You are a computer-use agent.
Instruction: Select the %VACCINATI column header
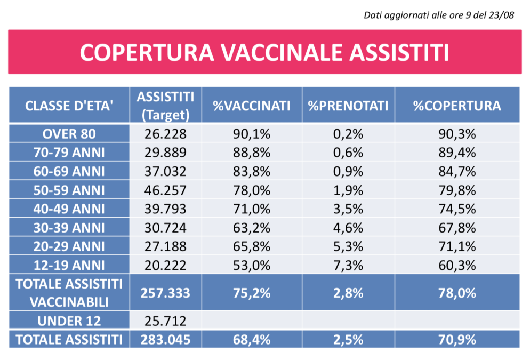coord(252,106)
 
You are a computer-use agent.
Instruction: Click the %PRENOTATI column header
coord(348,106)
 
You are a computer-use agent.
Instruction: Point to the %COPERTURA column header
coord(457,106)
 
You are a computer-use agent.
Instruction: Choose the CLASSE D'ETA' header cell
coord(69,106)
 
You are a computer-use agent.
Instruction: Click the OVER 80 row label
coord(69,133)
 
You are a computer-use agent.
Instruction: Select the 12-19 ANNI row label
coord(69,265)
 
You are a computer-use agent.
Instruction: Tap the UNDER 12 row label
coord(69,321)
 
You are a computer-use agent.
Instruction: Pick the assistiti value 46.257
coord(165,190)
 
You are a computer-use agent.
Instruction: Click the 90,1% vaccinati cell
coord(252,133)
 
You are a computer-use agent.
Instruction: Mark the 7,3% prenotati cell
coord(348,265)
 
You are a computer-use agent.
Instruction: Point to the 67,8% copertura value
coord(457,228)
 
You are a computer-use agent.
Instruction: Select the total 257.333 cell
coord(165,292)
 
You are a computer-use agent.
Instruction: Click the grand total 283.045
coord(165,339)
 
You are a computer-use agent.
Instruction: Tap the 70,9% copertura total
coord(457,339)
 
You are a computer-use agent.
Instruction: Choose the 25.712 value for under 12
coord(165,321)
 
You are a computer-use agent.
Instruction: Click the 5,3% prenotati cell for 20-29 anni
coord(348,246)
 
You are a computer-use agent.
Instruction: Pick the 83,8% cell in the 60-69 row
coord(252,171)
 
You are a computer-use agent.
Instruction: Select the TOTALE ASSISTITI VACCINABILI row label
coord(69,292)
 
